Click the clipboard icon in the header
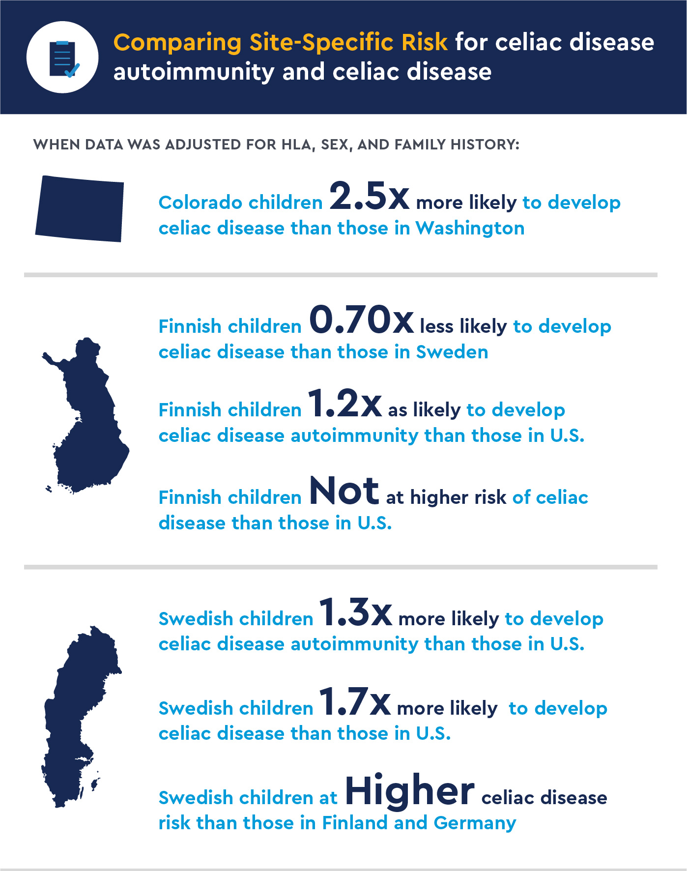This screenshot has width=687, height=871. (x=63, y=58)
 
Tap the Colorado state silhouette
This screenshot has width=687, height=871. (x=80, y=208)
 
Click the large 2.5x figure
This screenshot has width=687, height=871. (x=369, y=196)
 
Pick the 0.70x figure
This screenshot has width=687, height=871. (x=361, y=320)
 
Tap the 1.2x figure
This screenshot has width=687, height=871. (x=344, y=404)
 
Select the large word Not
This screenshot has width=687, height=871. (x=344, y=491)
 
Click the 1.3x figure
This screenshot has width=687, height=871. (x=355, y=612)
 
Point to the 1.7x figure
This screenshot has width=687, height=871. (x=355, y=702)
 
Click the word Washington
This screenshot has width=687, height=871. (x=470, y=228)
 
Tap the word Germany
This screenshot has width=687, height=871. (x=475, y=823)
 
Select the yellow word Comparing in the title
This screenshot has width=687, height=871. (x=177, y=43)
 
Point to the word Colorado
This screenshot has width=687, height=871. (x=200, y=203)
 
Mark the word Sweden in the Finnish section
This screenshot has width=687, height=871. (x=452, y=352)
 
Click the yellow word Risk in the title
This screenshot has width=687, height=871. (x=424, y=43)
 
